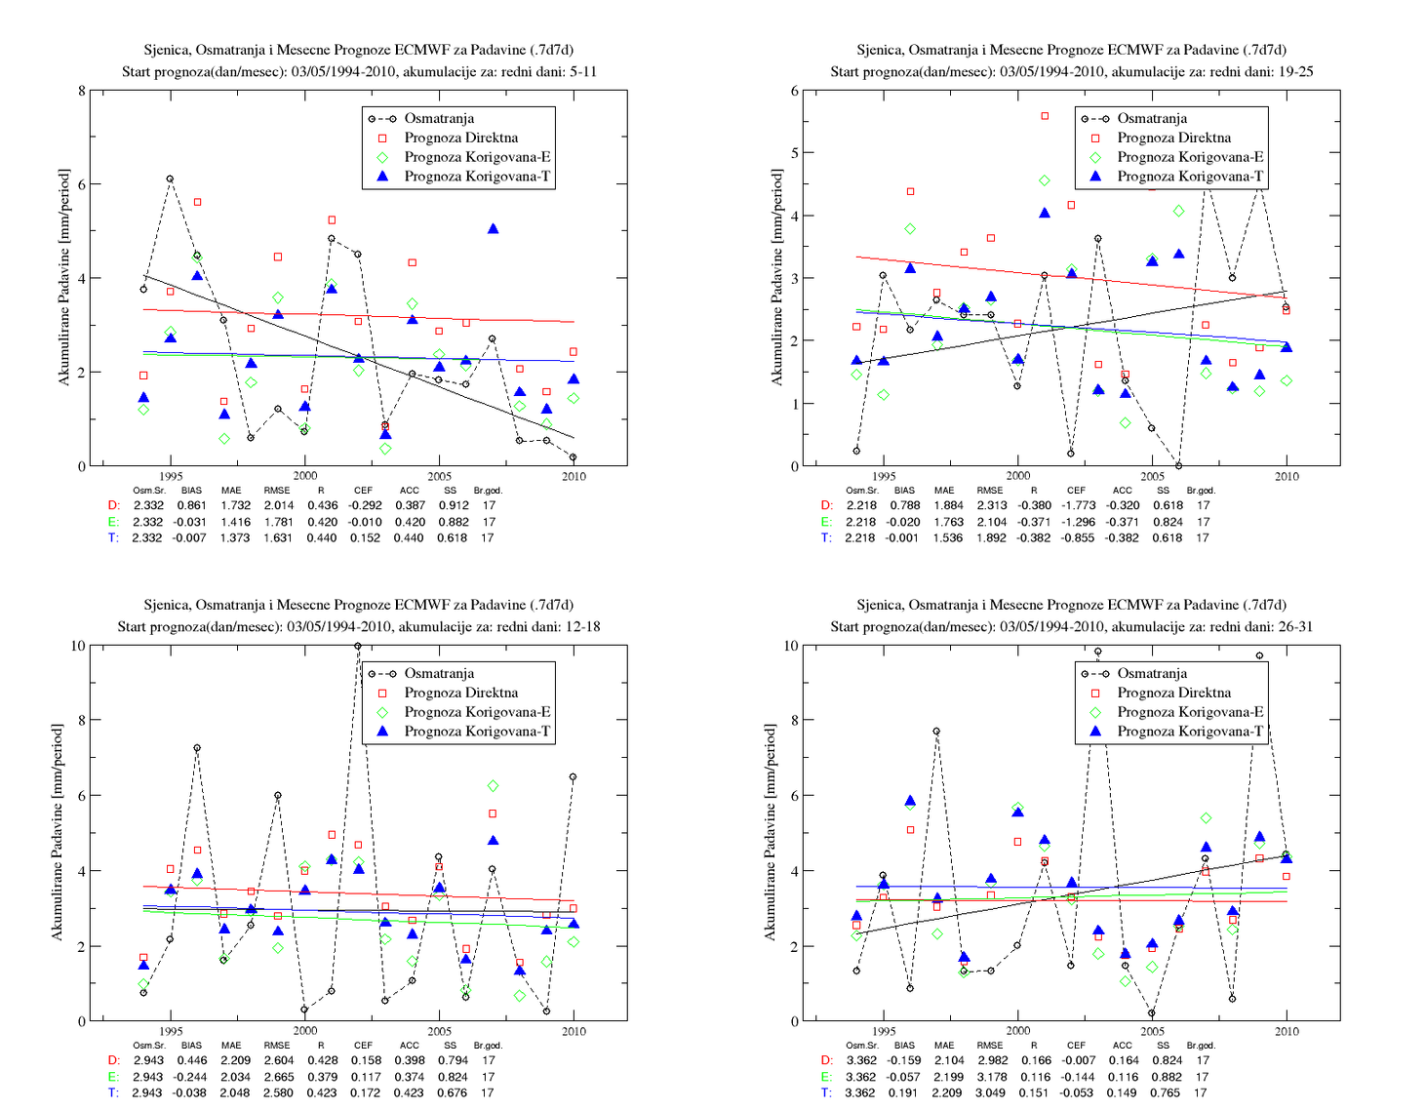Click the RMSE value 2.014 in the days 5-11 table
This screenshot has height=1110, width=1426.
click(279, 505)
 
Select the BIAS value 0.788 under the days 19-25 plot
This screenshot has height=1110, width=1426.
click(905, 505)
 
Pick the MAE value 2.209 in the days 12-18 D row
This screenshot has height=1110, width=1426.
click(235, 1059)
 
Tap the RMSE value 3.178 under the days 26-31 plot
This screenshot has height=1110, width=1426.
click(992, 1077)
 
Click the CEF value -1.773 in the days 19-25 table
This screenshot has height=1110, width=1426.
click(1077, 505)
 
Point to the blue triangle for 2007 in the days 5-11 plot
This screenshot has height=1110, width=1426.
click(494, 228)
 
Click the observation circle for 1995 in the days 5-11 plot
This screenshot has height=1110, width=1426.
click(170, 178)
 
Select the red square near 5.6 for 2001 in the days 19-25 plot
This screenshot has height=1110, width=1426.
click(1045, 116)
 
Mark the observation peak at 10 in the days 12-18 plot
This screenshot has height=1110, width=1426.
click(358, 646)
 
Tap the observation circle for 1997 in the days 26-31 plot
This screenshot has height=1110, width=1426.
click(936, 731)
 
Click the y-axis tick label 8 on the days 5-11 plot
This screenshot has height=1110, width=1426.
click(81, 91)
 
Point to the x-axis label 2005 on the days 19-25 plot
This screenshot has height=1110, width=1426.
click(1152, 476)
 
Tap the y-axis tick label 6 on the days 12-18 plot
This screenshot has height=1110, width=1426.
click(81, 795)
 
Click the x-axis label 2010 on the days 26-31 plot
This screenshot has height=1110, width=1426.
click(1287, 1031)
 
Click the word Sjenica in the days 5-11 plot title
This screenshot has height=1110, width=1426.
click(166, 51)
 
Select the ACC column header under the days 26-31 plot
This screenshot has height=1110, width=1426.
click(1122, 1045)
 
